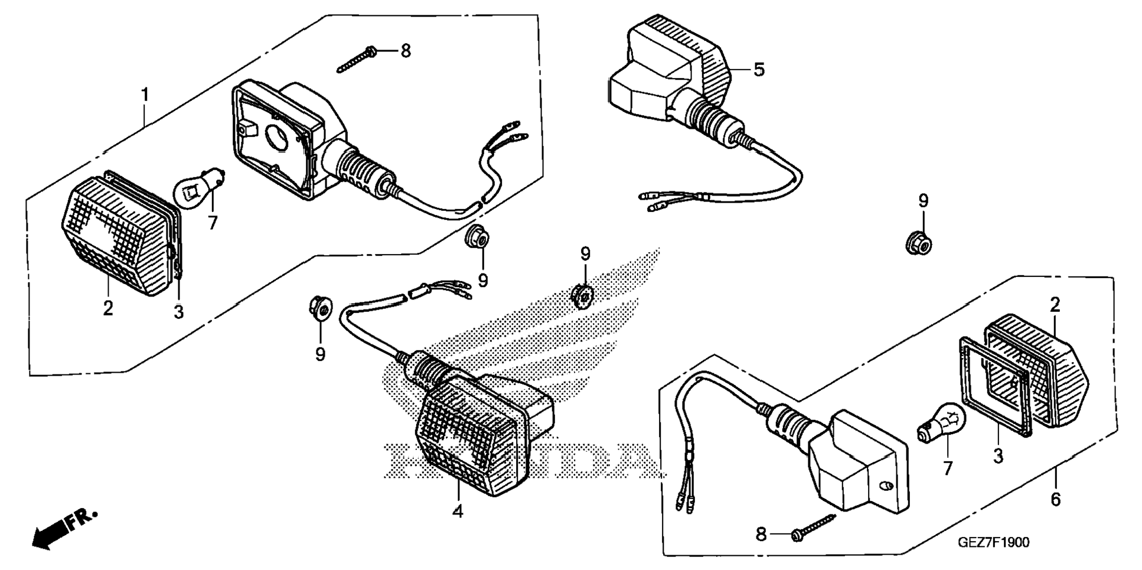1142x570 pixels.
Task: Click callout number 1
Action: coord(145,95)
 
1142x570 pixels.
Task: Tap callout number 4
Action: coord(458,512)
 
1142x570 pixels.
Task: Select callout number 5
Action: coord(759,70)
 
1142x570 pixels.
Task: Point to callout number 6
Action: coord(1055,500)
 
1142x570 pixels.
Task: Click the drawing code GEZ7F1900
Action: coord(993,542)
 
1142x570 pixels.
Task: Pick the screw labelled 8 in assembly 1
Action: coord(357,60)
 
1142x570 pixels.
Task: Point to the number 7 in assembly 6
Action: coord(948,469)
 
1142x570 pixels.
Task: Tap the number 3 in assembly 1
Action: coord(178,312)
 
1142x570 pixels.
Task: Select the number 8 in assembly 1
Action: coord(405,51)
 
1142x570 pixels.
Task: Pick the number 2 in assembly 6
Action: coord(1055,305)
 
